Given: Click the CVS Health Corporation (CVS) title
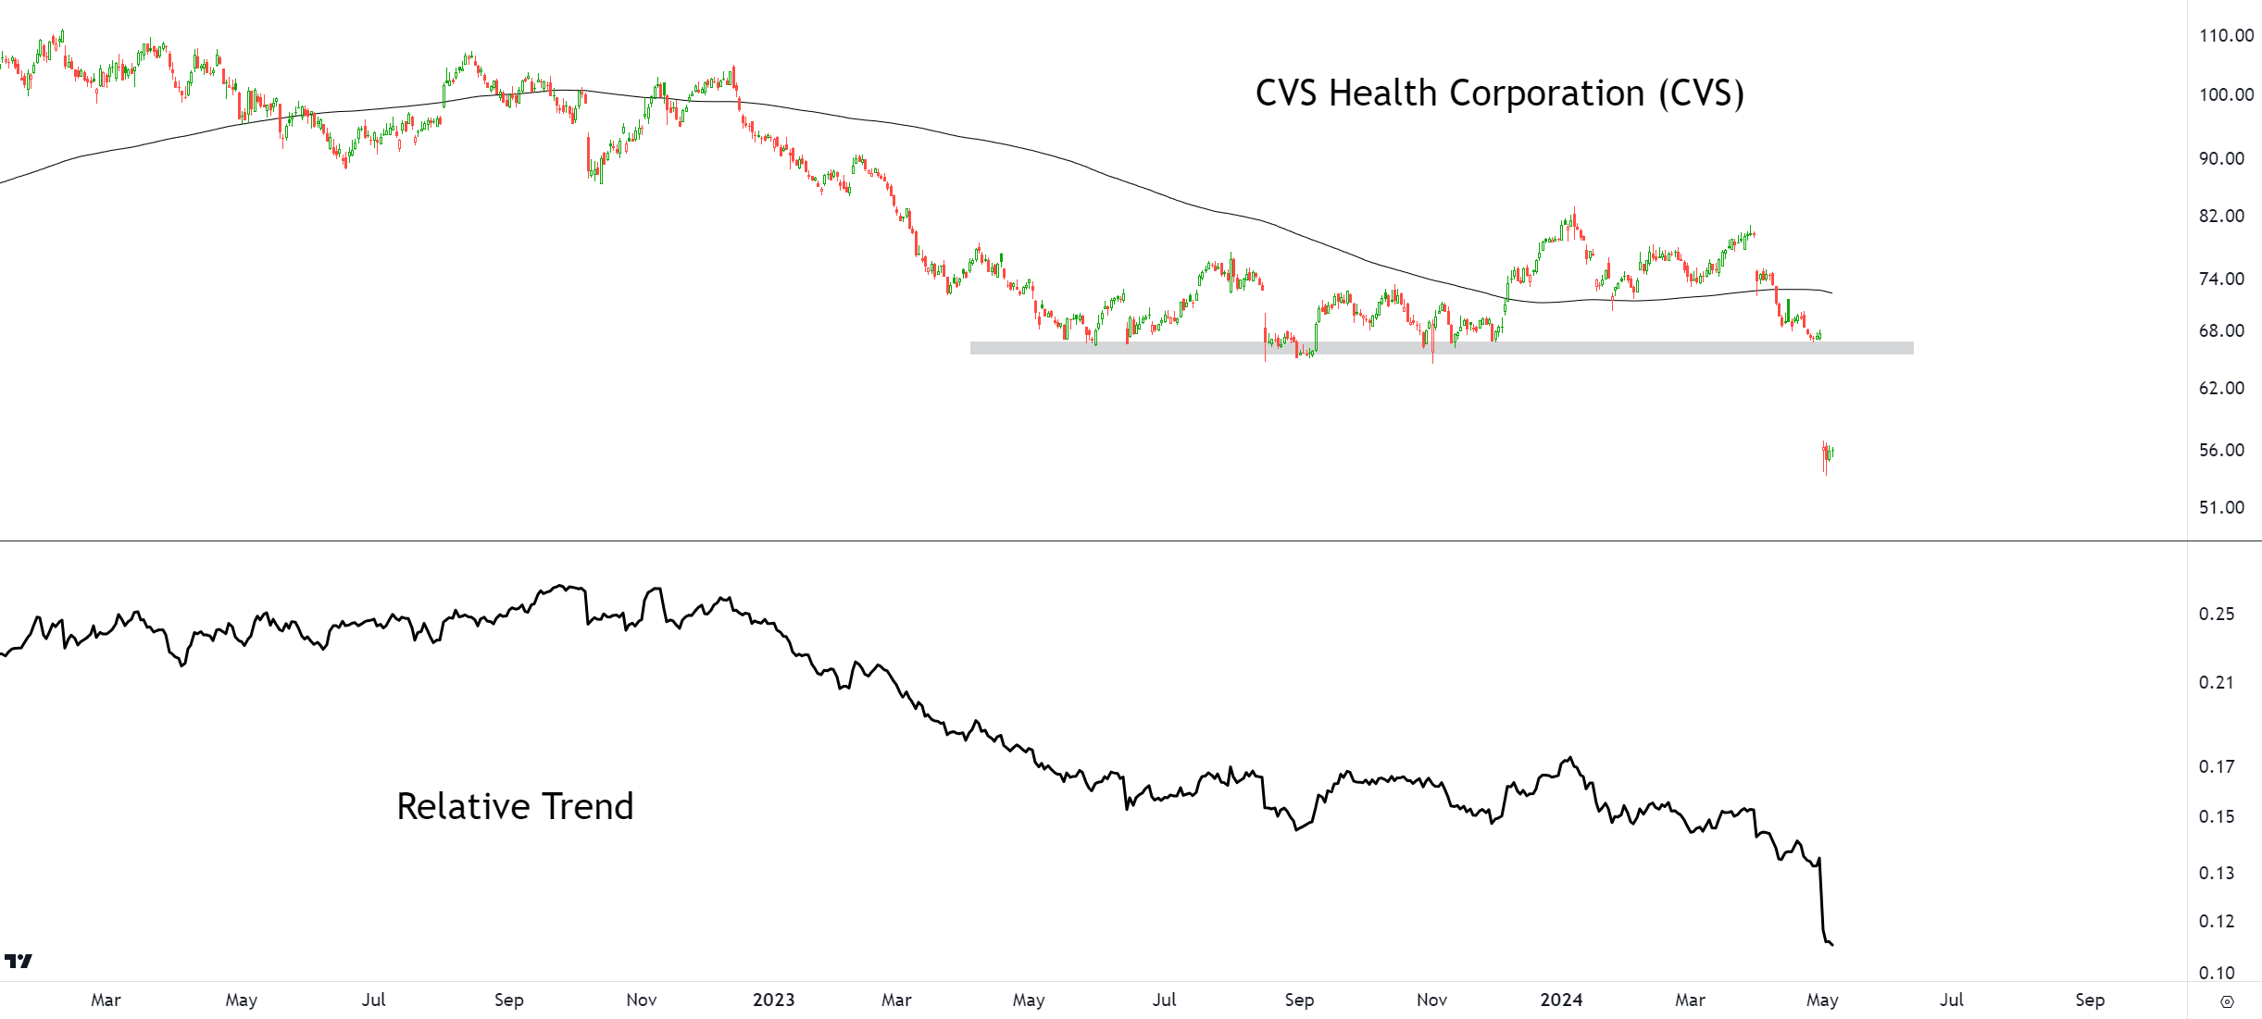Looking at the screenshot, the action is click(1499, 93).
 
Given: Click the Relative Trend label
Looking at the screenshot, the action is click(515, 806).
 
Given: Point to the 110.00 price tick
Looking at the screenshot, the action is click(2226, 35).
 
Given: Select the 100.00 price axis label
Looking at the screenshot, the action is click(2226, 94).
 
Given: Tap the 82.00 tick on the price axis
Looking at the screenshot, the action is click(2221, 216).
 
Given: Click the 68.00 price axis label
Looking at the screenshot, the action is click(2221, 330).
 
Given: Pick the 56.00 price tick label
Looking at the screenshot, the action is click(2221, 450).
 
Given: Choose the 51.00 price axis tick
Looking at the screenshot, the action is click(2221, 507).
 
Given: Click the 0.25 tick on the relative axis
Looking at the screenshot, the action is click(2217, 614).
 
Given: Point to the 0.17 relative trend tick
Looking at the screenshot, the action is click(2217, 766).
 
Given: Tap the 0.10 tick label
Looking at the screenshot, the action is click(2217, 973).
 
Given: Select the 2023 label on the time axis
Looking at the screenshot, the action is click(773, 1000).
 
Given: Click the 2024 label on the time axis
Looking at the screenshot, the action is click(1561, 1000).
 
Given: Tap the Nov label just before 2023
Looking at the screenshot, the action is click(642, 1000).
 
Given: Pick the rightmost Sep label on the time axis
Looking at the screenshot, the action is click(2090, 1000).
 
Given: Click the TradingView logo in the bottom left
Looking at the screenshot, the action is click(19, 962).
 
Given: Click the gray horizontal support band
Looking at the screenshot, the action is click(1442, 348).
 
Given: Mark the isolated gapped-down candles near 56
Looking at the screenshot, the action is click(1828, 457).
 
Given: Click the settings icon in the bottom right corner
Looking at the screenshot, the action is click(2227, 1001).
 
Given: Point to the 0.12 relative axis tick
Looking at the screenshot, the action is click(2217, 921).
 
